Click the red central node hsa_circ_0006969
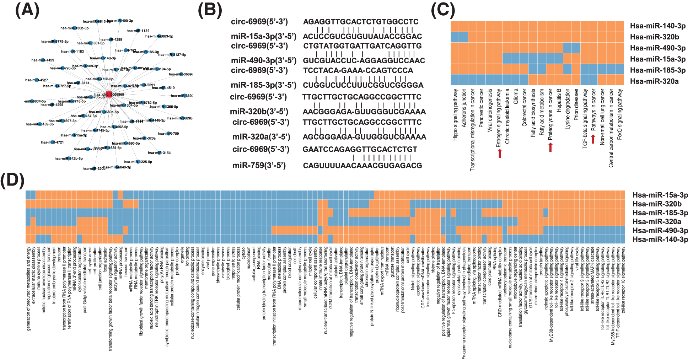(109, 94)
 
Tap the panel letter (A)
(27, 10)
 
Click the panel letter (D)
(12, 181)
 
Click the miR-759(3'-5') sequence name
(259, 166)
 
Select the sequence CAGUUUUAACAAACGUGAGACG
(362, 166)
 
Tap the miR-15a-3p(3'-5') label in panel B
(263, 37)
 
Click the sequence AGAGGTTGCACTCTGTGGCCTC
(361, 22)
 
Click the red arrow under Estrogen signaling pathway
(500, 153)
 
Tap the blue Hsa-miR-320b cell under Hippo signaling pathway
(455, 37)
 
